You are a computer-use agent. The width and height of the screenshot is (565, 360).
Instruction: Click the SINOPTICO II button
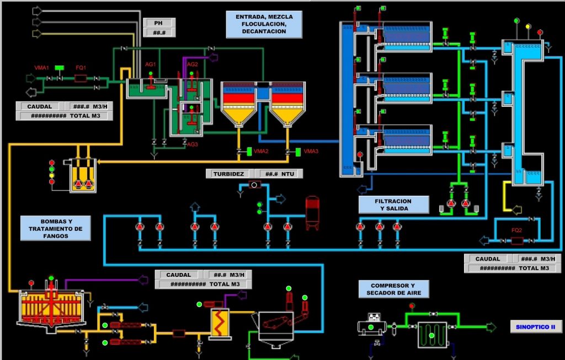[x=535, y=327]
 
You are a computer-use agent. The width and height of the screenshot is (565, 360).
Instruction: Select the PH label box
[x=159, y=23]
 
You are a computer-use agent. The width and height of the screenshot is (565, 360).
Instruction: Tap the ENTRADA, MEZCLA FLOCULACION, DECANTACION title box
[x=264, y=24]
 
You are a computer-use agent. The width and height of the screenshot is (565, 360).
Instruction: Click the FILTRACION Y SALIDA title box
[x=393, y=205]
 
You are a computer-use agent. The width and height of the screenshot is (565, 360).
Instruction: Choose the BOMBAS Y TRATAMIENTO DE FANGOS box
[x=55, y=228]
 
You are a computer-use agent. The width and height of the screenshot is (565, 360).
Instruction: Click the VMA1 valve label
[x=42, y=68]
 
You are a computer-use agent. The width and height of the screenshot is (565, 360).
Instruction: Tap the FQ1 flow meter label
[x=81, y=68]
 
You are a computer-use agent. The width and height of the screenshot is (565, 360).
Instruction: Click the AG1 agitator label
[x=151, y=65]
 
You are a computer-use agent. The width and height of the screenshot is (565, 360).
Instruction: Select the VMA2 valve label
[x=262, y=151]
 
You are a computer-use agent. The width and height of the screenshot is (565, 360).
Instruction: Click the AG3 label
[x=192, y=144]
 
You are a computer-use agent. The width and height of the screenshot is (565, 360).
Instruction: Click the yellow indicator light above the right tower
[x=528, y=26]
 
